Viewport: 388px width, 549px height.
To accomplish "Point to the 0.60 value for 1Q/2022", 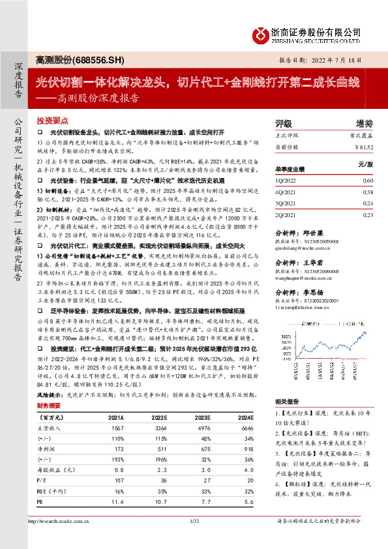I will pos(367,180).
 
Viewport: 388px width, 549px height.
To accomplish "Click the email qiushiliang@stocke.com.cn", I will pos(306,248).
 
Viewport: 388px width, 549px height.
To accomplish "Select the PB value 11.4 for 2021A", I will pos(118,484).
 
